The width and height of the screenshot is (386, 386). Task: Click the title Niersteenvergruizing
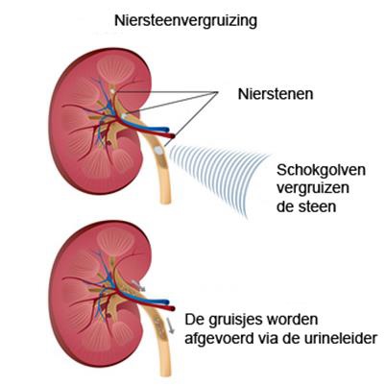click(185, 21)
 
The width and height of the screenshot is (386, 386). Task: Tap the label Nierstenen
click(276, 94)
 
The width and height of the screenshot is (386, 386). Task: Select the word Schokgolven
click(321, 170)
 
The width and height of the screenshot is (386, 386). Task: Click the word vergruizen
click(313, 188)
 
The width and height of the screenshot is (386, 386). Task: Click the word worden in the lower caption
click(294, 320)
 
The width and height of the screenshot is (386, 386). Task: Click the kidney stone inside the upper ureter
click(158, 150)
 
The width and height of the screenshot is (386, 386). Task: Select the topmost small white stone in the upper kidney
click(111, 91)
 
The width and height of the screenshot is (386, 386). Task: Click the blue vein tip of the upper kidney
click(166, 130)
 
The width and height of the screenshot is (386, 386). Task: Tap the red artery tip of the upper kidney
click(173, 136)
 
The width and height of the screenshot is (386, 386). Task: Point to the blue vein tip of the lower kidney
click(166, 302)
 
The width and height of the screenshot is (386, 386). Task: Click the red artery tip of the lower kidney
click(173, 308)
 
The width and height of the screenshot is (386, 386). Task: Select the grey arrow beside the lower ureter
click(170, 326)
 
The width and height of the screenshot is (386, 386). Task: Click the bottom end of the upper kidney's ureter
click(165, 202)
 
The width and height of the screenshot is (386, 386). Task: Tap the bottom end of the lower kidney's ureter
click(166, 374)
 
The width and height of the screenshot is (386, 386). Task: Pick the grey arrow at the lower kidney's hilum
click(138, 285)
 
